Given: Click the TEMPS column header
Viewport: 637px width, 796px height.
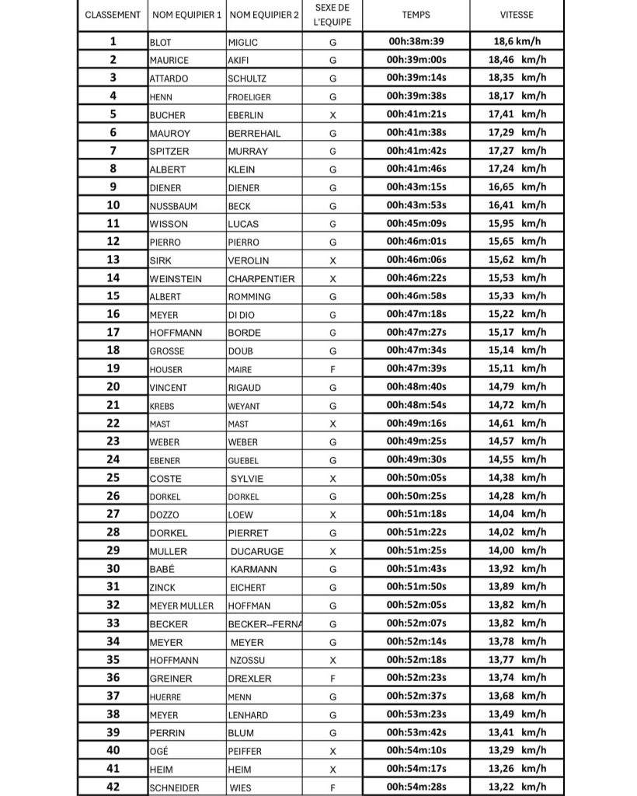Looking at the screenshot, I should [x=416, y=15].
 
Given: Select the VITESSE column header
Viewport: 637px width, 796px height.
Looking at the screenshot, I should [x=517, y=15].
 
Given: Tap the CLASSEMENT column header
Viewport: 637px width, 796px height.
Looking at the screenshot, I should [x=113, y=15].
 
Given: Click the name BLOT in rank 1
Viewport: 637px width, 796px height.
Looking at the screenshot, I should [x=159, y=41].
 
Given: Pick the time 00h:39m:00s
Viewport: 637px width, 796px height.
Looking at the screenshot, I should [x=416, y=59].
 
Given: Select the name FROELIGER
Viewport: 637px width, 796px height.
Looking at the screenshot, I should [x=249, y=96].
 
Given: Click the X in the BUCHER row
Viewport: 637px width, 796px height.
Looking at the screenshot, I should [x=332, y=114].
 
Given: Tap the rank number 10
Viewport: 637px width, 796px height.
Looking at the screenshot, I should [x=113, y=205].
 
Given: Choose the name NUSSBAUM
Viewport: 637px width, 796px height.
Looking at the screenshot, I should [x=173, y=206].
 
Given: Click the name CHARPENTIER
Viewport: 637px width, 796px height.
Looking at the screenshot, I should [x=261, y=278].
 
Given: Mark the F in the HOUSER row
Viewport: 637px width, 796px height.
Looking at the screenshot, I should [x=332, y=369].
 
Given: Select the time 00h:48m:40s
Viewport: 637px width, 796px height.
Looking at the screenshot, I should [x=416, y=387].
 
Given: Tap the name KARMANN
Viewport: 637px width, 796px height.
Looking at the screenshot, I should [x=253, y=569].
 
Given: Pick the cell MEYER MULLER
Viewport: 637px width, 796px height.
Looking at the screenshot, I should [x=181, y=606].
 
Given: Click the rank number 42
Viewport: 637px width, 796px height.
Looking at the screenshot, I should [x=113, y=787].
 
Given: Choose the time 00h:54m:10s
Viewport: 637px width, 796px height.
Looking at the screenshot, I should [x=416, y=751].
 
